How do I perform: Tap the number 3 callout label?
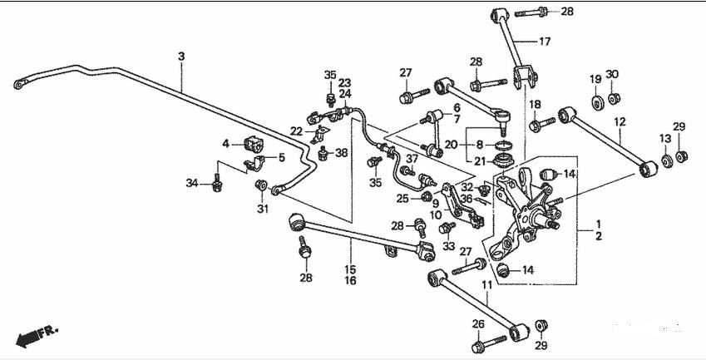[181, 57]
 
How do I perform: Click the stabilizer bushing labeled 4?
[254, 144]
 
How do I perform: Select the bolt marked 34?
[216, 183]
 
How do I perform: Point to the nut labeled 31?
[261, 185]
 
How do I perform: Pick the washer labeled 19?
[598, 103]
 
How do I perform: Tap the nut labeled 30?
[614, 97]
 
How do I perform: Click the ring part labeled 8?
[504, 145]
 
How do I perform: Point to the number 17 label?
[545, 42]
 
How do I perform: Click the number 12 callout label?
[620, 121]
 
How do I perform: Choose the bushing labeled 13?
[667, 160]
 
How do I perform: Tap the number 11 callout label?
[486, 285]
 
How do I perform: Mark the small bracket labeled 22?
[319, 134]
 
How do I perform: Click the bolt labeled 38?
[323, 153]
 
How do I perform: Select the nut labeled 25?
[427, 196]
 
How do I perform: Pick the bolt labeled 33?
[447, 228]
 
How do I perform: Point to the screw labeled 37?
[407, 171]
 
